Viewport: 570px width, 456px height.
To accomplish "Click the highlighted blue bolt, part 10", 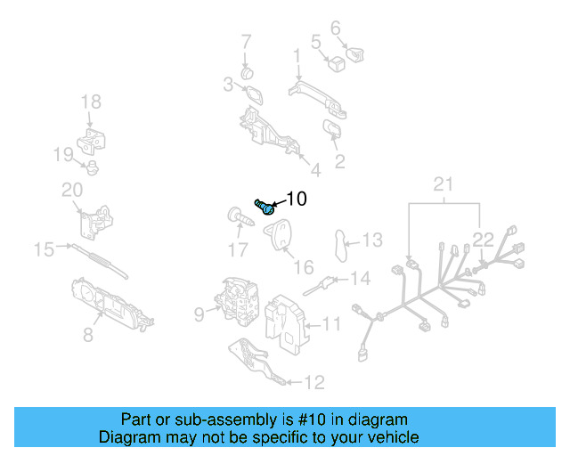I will coord(265,207).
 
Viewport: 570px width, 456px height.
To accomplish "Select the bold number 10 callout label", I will coord(296,199).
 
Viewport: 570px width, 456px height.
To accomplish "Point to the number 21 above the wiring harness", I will coord(443,184).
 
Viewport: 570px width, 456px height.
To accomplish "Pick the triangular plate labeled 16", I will coord(281,233).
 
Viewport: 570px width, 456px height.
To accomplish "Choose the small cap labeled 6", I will coord(357,53).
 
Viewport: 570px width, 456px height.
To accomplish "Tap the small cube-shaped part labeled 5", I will coord(337,63).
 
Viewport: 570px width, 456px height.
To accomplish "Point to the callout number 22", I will coord(482,239).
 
